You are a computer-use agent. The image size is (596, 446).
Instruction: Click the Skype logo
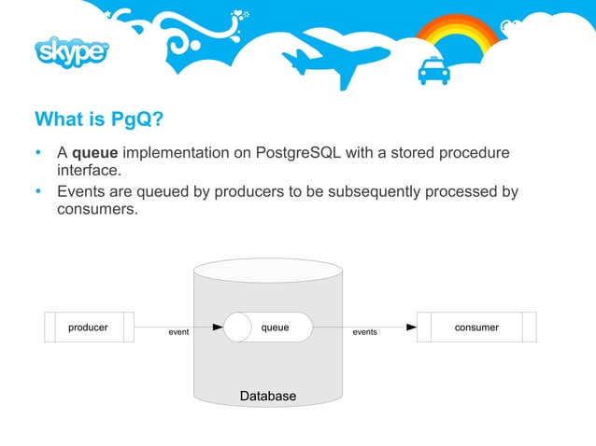click(x=73, y=54)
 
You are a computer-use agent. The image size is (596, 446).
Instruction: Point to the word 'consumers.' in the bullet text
click(x=97, y=210)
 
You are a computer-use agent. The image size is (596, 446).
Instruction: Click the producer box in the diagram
click(x=89, y=328)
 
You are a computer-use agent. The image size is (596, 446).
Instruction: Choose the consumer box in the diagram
click(x=476, y=328)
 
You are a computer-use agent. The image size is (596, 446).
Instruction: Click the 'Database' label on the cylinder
click(x=268, y=397)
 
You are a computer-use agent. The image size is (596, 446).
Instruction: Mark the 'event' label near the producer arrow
click(x=177, y=331)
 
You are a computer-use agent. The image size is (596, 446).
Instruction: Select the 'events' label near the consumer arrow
click(x=364, y=331)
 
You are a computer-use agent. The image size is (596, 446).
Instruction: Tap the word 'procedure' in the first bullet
click(x=475, y=152)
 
